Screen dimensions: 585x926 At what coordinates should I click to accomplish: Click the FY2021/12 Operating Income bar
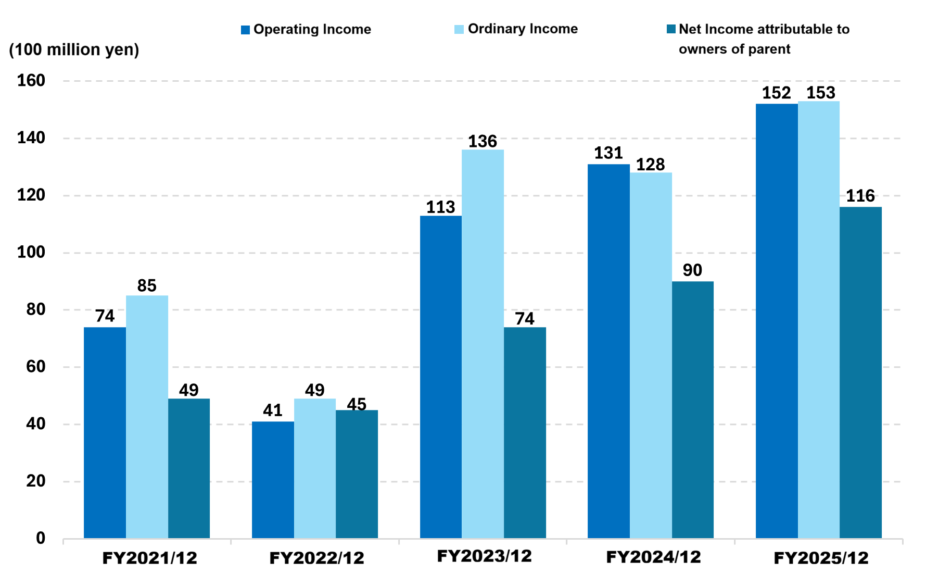click(x=105, y=432)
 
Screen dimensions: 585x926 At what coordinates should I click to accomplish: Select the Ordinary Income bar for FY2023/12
click(x=483, y=344)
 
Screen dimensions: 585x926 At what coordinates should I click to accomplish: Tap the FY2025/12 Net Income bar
click(x=860, y=372)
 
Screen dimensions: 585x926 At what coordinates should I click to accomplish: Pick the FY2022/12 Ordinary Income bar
click(x=315, y=468)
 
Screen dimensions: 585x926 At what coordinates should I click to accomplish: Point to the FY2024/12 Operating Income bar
click(x=608, y=351)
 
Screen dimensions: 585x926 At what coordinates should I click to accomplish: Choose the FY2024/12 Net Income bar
click(x=692, y=409)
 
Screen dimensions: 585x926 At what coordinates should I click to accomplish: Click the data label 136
click(x=483, y=141)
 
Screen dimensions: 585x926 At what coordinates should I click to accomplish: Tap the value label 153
click(x=821, y=93)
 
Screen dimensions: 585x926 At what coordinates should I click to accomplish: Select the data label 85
click(x=147, y=285)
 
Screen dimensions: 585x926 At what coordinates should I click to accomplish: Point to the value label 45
click(x=357, y=404)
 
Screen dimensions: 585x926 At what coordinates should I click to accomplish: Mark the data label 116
click(x=860, y=196)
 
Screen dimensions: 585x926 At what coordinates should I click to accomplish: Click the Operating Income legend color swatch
click(x=246, y=30)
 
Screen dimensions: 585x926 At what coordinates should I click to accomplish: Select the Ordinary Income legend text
click(x=523, y=29)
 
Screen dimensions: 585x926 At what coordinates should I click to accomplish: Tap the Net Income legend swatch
click(x=671, y=29)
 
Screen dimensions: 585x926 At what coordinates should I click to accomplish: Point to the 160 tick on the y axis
click(x=31, y=80)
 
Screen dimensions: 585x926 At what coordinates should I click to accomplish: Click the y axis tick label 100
click(x=31, y=252)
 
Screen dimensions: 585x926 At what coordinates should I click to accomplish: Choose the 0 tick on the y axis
click(x=40, y=538)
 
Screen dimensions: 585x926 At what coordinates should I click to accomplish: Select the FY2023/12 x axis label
click(x=484, y=556)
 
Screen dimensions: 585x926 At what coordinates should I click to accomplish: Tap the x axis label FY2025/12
click(x=821, y=558)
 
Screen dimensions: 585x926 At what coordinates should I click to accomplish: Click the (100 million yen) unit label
click(x=74, y=49)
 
